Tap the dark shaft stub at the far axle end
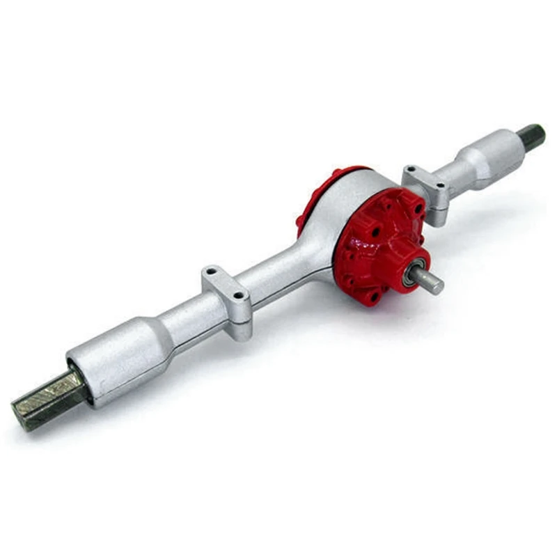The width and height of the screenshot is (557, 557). (532, 137)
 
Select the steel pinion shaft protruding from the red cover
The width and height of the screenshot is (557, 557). (427, 279)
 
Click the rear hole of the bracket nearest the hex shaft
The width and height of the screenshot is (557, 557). (211, 269)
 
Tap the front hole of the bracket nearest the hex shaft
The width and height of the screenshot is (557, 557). (240, 295)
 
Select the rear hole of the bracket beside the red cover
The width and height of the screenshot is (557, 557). (411, 169)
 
